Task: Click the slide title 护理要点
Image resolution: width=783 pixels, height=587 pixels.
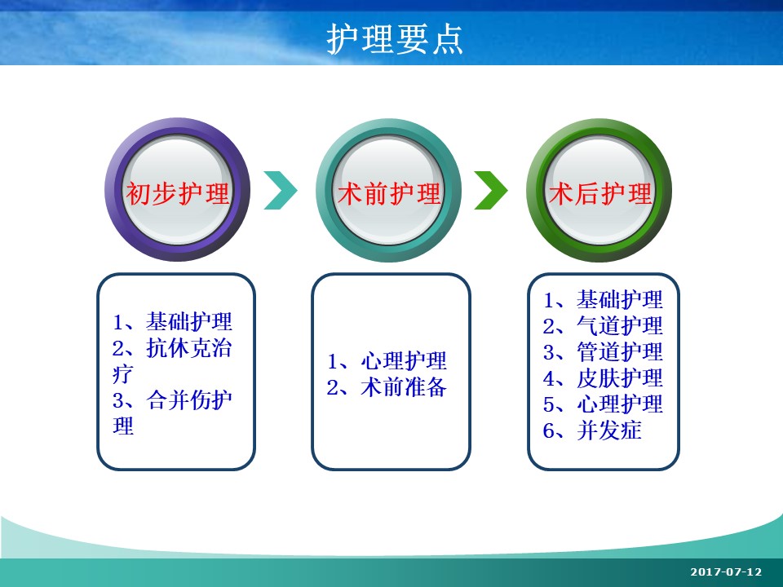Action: click(395, 39)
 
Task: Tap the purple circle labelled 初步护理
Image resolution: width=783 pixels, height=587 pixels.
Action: click(177, 190)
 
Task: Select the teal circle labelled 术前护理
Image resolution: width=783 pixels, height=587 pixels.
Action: click(389, 190)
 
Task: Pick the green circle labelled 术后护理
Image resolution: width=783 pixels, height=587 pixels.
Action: click(599, 190)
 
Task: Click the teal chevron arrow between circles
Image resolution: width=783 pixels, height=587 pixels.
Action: click(281, 190)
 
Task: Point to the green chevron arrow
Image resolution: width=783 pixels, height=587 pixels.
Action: click(491, 190)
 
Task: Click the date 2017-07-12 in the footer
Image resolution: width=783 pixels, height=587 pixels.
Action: click(726, 572)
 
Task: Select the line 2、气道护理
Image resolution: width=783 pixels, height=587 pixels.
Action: click(603, 326)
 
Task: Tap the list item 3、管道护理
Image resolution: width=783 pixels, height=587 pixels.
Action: click(603, 352)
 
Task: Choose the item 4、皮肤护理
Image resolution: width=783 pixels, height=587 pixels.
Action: click(603, 378)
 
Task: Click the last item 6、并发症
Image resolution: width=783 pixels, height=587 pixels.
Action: click(592, 430)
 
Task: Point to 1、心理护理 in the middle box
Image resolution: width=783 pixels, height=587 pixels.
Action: click(387, 361)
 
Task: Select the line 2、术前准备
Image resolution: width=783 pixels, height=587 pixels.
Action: click(387, 386)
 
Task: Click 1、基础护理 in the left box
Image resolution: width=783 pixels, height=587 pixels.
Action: click(172, 321)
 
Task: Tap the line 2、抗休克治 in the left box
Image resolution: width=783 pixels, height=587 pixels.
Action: click(172, 348)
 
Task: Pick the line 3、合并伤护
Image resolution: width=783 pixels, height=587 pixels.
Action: click(172, 399)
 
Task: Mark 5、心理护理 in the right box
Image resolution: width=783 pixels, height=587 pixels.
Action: click(603, 404)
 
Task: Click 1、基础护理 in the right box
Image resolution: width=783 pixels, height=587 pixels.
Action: click(603, 299)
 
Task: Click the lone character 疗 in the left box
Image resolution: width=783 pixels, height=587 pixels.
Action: click(123, 374)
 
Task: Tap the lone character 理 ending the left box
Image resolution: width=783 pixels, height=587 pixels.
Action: click(123, 426)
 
